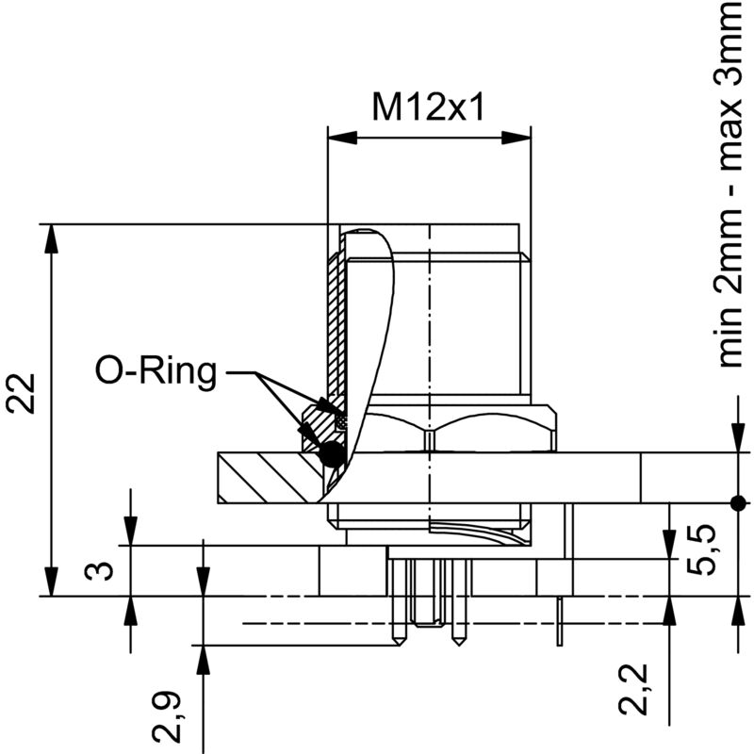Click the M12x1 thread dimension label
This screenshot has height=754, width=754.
pos(428,107)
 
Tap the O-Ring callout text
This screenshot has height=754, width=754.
pos(156,372)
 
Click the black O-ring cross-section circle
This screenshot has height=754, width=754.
pos(332,455)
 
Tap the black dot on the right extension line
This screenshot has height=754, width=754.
pos(738,500)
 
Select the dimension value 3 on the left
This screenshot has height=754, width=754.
pos(105,571)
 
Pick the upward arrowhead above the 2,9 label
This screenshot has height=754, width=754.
pos(203,659)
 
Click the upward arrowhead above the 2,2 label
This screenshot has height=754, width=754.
pos(668,611)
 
